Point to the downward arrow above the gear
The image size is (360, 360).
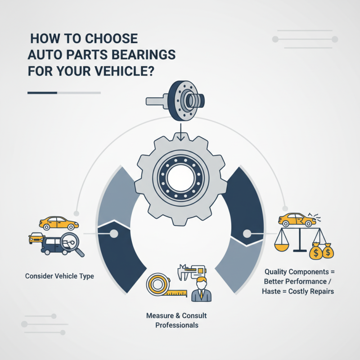point(180,130)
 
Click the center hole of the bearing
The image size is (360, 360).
point(180,177)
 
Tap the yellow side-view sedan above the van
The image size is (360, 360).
point(58,223)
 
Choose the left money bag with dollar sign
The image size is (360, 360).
point(316,252)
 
